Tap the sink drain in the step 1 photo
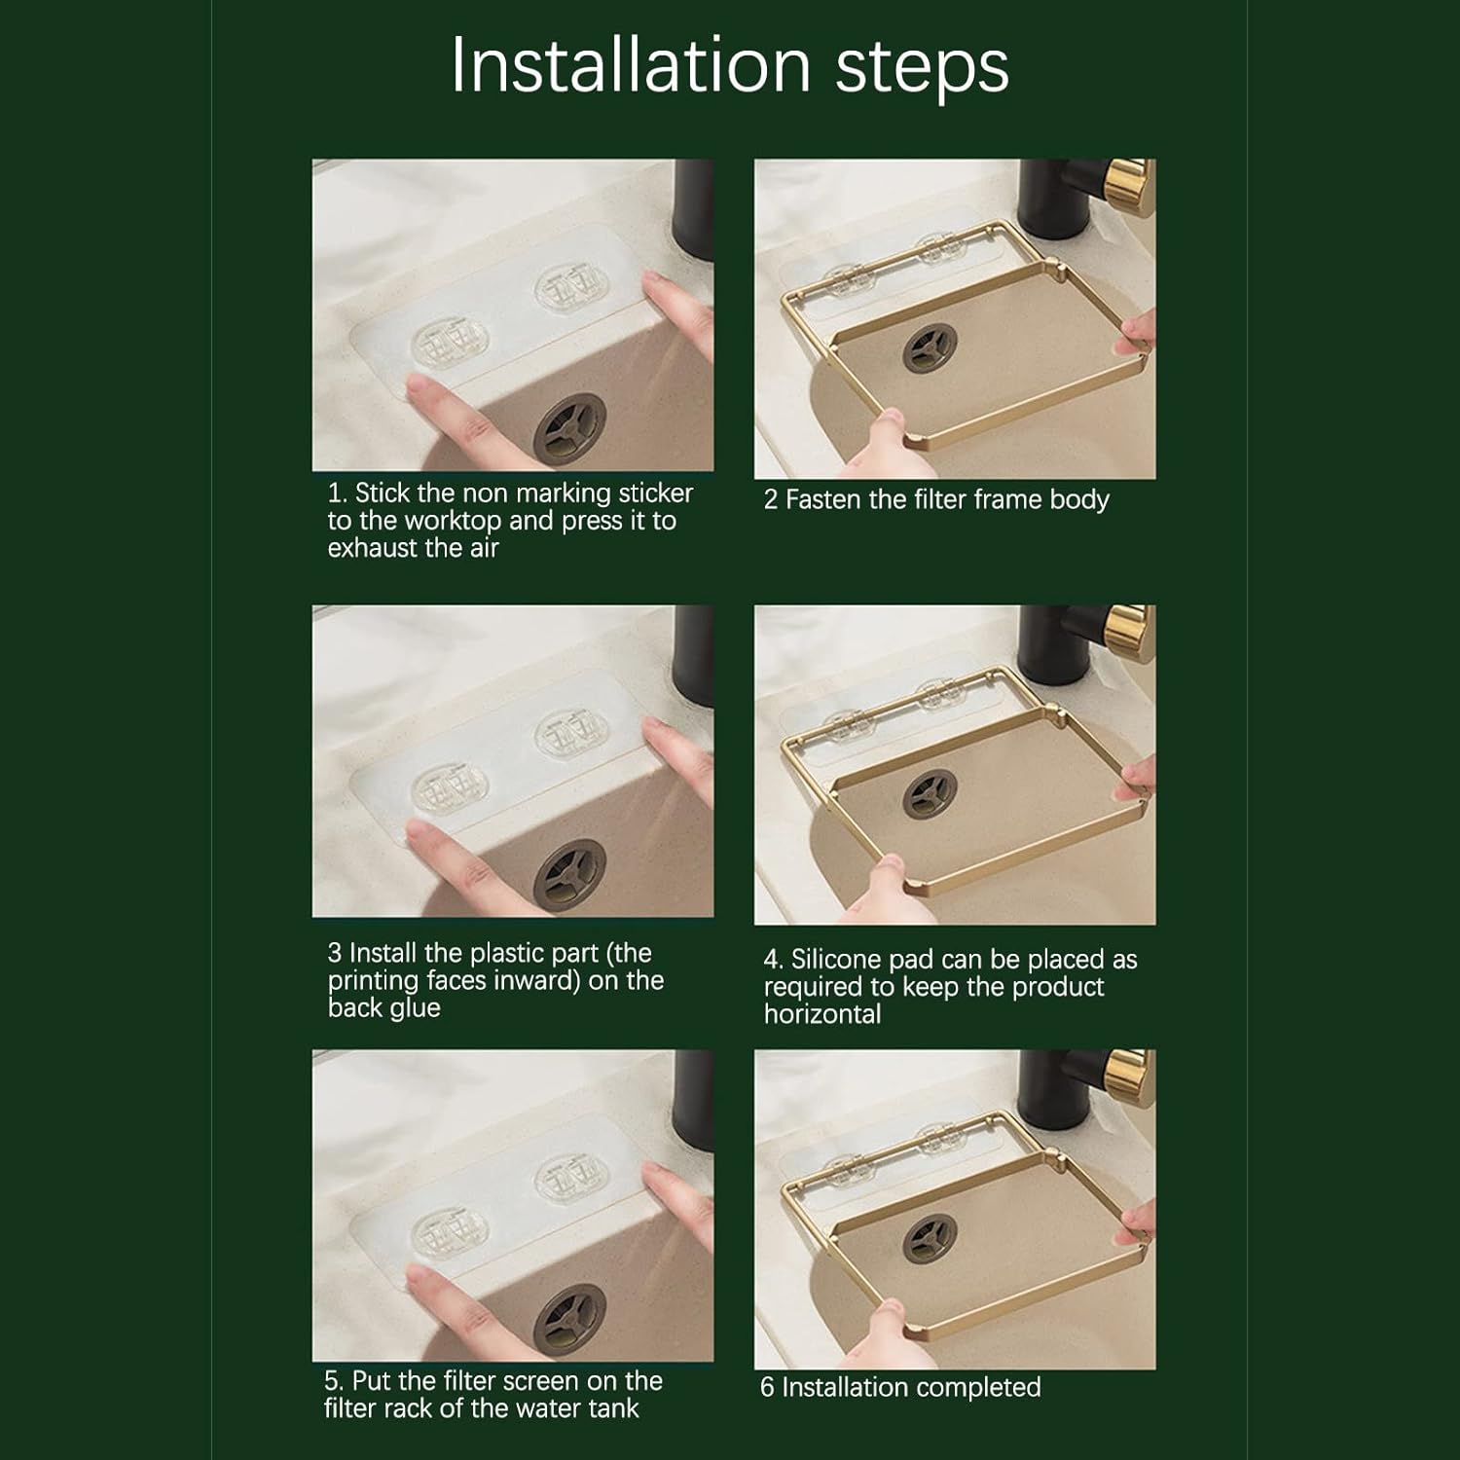[x=570, y=428]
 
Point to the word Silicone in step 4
[x=836, y=960]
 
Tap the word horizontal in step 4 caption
[x=822, y=1014]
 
